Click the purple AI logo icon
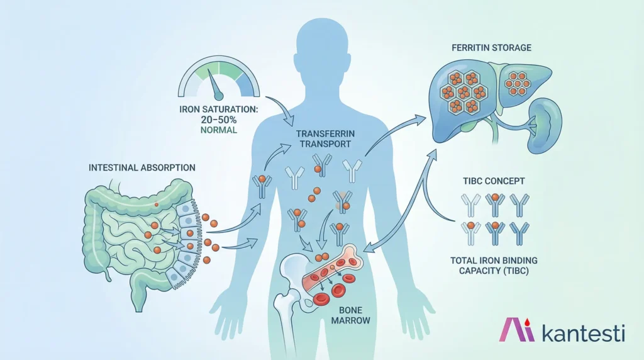tap(517, 330)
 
